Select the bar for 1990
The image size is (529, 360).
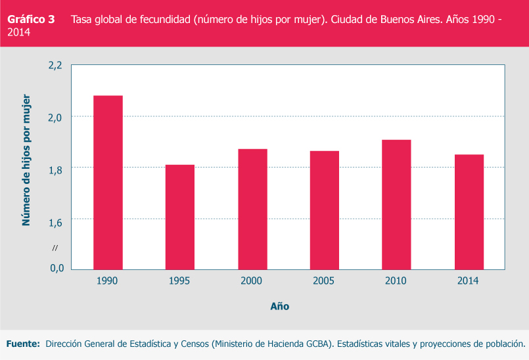[x=108, y=182]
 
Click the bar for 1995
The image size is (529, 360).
[x=179, y=217]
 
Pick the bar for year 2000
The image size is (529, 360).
[x=252, y=209]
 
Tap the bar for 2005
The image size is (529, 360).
[x=325, y=210]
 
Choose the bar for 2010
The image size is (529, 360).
[x=396, y=204]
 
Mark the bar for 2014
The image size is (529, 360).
[x=469, y=212]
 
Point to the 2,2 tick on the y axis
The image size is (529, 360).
[x=55, y=65]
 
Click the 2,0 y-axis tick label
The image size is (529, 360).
[x=55, y=117]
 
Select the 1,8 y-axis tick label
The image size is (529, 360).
[x=55, y=169]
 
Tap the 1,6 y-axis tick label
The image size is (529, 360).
[x=55, y=221]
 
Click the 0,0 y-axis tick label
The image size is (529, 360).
[x=55, y=268]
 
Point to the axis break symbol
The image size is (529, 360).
[x=55, y=247]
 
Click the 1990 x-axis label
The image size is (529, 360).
[x=106, y=281]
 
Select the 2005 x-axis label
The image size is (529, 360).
[x=324, y=281]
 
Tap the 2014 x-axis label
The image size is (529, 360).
[x=469, y=281]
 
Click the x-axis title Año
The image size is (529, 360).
[x=279, y=306]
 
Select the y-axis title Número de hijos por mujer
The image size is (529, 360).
[x=27, y=160]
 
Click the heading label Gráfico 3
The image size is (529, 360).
[x=31, y=20]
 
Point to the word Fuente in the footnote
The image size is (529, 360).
[x=23, y=344]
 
